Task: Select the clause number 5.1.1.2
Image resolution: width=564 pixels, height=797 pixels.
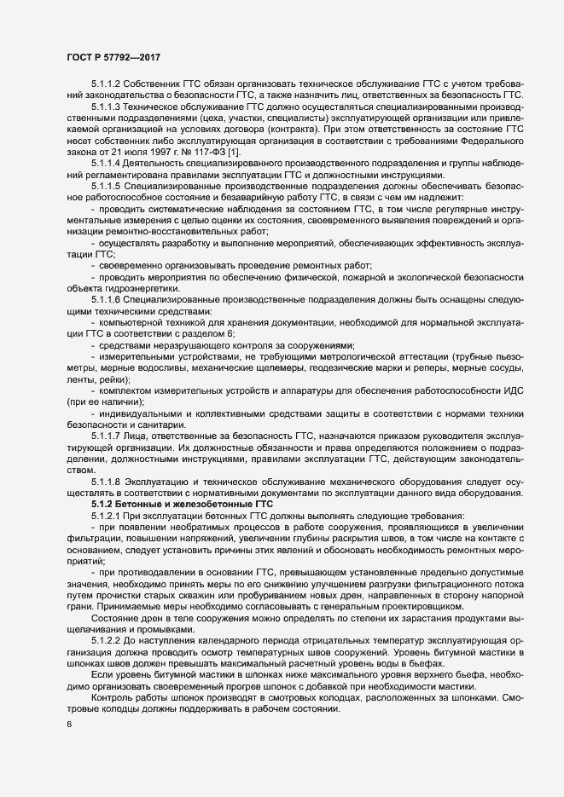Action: pyautogui.click(x=106, y=84)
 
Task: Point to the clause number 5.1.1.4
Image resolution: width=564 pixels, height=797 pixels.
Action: pyautogui.click(x=106, y=161)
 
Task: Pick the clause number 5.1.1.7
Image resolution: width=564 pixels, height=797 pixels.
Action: pyautogui.click(x=106, y=436)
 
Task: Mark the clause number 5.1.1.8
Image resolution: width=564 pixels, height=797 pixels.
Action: pyautogui.click(x=106, y=481)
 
